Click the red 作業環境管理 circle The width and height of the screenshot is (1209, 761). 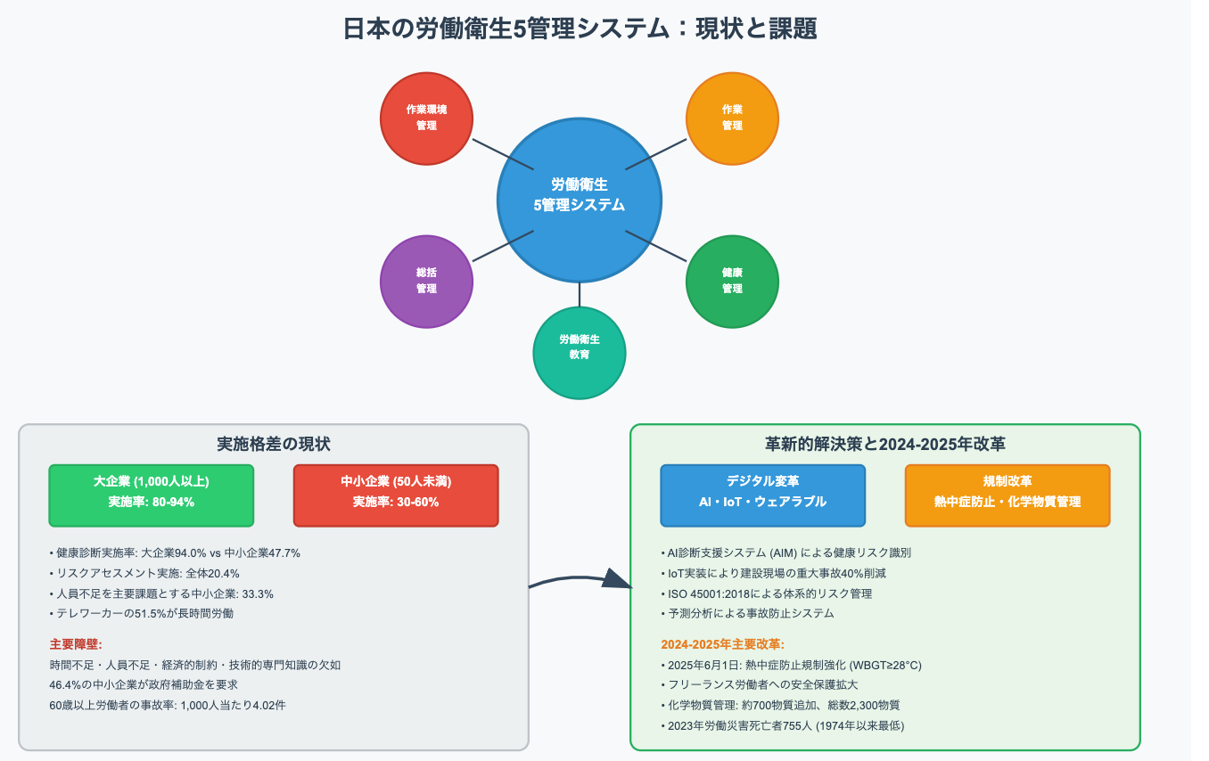[426, 119]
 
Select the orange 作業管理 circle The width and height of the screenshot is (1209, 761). [732, 119]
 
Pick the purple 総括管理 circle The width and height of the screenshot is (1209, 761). [426, 282]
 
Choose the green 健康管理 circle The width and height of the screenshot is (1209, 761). [732, 282]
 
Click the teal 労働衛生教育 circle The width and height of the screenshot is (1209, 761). [580, 353]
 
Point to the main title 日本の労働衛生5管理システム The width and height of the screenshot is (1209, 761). [580, 29]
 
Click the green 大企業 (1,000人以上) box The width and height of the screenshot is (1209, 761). [152, 495]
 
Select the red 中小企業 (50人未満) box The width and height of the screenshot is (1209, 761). [396, 495]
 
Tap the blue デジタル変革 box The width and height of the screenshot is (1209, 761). [762, 495]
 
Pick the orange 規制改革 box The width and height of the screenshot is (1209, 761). [1007, 495]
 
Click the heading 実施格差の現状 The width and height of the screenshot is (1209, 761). [274, 444]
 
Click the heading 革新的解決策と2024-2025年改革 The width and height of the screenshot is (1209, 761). [884, 444]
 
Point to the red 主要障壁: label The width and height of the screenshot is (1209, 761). [77, 643]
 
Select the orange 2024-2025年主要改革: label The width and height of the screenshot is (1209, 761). [722, 644]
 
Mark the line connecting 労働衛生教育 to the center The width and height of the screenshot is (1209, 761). [580, 295]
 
